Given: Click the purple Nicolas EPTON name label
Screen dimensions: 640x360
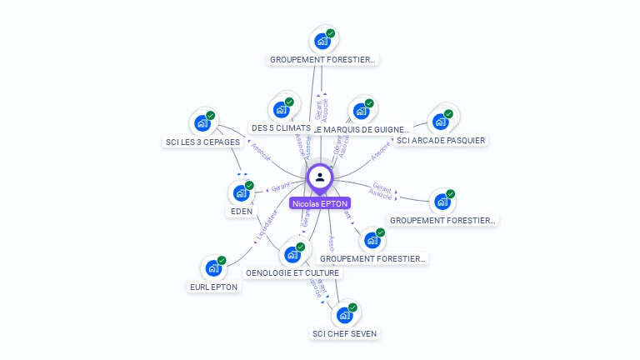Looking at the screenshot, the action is (x=320, y=202).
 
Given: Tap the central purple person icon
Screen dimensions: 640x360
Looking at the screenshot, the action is (x=320, y=177).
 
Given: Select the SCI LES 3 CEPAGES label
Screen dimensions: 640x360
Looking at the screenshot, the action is (x=202, y=142).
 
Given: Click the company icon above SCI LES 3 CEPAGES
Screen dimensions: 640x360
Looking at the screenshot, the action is (x=202, y=123).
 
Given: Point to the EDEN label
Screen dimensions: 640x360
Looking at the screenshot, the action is (x=242, y=211).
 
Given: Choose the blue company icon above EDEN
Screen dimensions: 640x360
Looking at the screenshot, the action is (x=241, y=192).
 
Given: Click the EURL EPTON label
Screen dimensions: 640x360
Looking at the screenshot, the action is (x=213, y=287).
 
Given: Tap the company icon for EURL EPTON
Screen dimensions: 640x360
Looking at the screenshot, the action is (x=213, y=268).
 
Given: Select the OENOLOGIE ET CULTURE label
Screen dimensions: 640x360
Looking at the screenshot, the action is (x=292, y=272).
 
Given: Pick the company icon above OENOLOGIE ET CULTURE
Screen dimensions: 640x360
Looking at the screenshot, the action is (x=292, y=254).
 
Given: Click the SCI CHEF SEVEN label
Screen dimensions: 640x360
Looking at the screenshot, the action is (x=344, y=333).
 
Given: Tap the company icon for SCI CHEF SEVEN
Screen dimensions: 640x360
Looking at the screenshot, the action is (x=344, y=315).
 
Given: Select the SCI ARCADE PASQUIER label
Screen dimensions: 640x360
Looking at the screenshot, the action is (x=441, y=140).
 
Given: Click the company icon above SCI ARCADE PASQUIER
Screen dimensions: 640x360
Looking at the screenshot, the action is (x=440, y=122).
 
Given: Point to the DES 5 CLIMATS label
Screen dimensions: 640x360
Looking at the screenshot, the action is (x=281, y=127).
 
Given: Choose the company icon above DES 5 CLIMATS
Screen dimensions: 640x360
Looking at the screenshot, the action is (x=281, y=109).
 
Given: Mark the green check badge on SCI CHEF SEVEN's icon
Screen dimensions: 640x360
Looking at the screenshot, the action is (x=352, y=307).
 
